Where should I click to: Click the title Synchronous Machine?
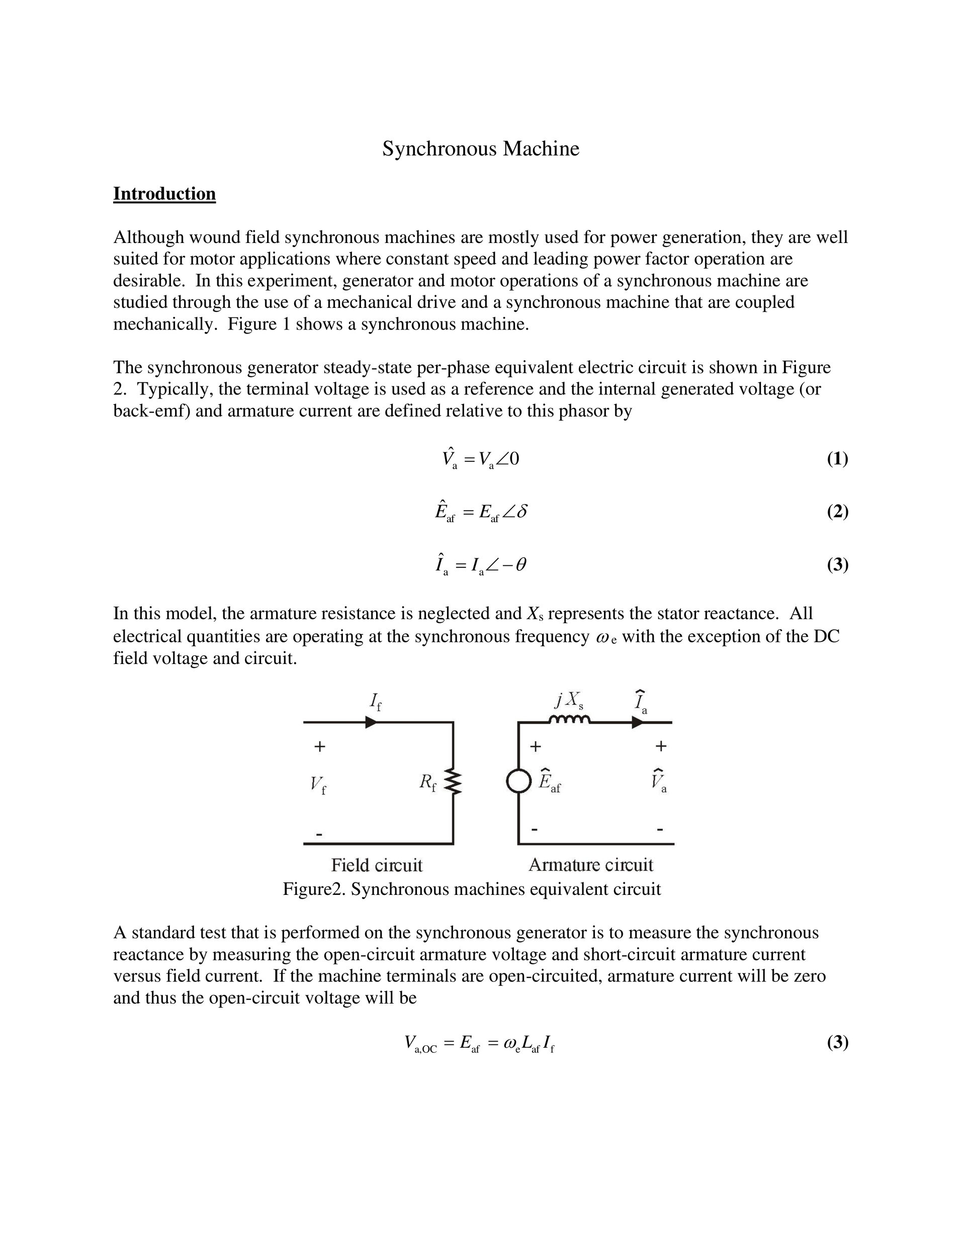(480, 149)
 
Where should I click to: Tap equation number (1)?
(837, 458)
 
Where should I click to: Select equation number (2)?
(837, 512)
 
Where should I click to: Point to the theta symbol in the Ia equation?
(520, 564)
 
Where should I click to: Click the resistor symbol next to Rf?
(454, 782)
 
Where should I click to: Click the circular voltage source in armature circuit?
(518, 781)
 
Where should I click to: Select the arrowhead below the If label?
(371, 722)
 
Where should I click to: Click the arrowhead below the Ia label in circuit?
(637, 722)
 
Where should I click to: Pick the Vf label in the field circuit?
(318, 786)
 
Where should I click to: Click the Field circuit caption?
(377, 865)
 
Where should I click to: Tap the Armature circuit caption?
(590, 865)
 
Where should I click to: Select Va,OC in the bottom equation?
(420, 1044)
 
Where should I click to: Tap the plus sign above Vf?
(320, 746)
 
